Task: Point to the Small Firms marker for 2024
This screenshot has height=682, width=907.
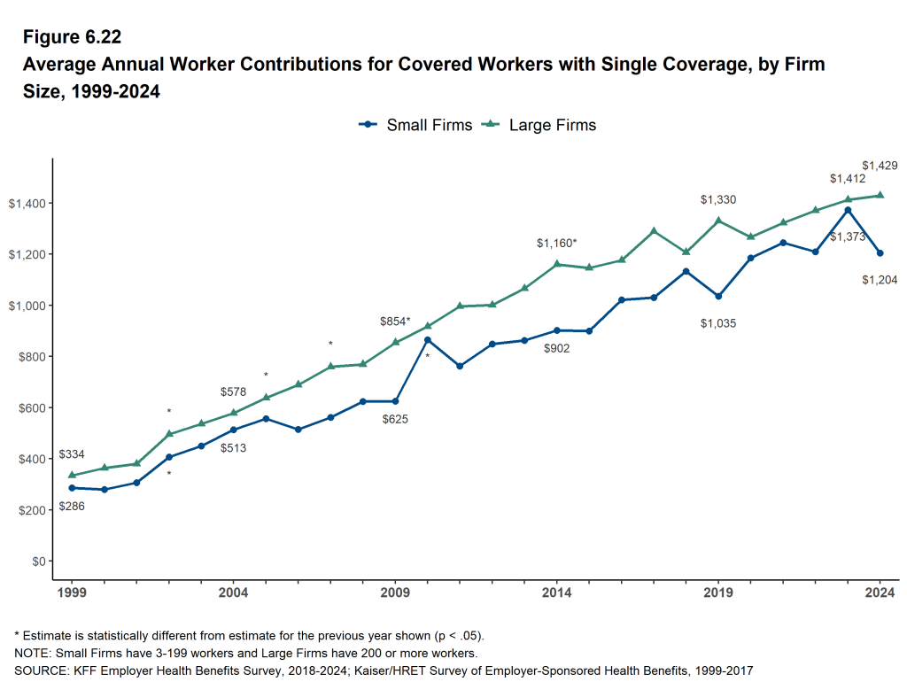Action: click(880, 253)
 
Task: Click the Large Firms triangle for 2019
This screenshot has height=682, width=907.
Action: click(718, 221)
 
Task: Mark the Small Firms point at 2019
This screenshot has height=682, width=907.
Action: click(718, 297)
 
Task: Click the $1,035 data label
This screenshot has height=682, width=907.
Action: click(718, 323)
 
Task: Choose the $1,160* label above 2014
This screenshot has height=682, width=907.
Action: click(556, 242)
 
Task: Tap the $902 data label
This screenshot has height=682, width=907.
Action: click(557, 348)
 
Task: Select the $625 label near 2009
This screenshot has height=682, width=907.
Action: click(395, 419)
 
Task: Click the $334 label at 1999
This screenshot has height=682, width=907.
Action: click(72, 454)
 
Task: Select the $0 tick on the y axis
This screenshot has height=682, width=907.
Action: click(36, 562)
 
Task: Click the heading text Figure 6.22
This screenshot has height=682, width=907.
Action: click(72, 37)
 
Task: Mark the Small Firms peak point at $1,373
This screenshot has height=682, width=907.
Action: click(848, 210)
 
